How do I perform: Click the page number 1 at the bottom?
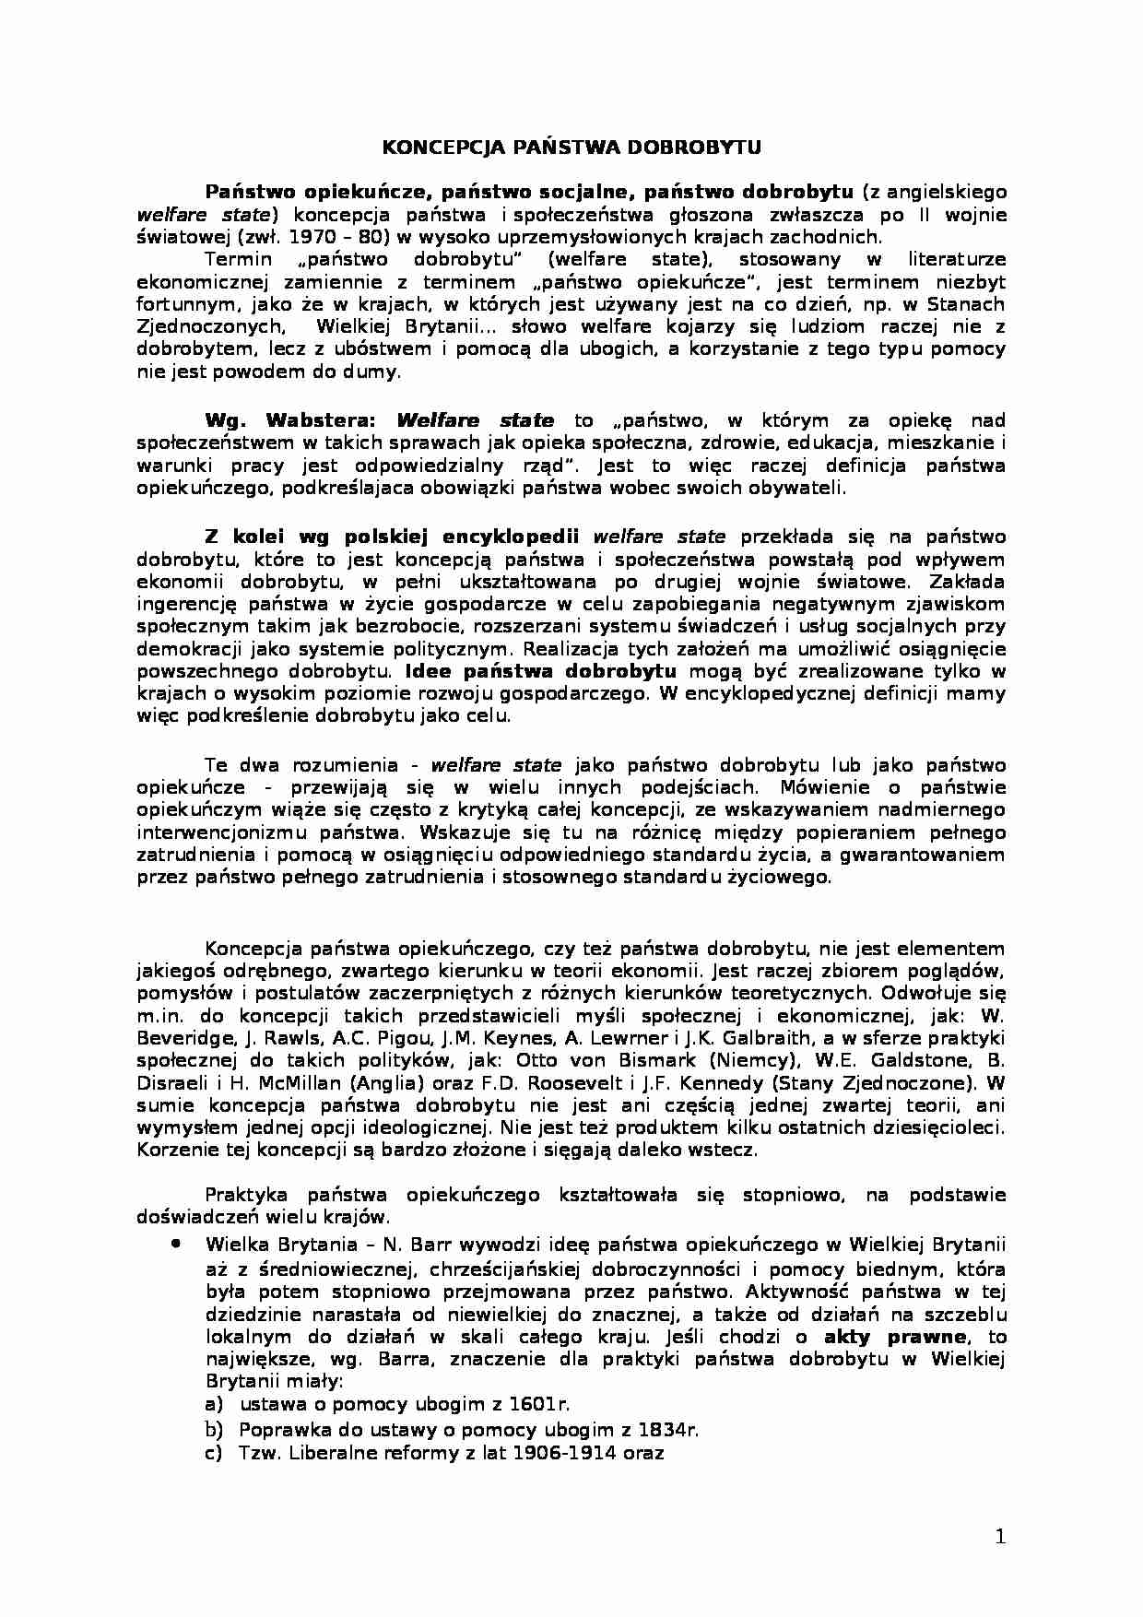[1001, 1536]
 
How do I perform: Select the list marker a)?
[214, 1404]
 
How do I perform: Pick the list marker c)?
[214, 1453]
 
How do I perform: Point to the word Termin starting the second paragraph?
[239, 260]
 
